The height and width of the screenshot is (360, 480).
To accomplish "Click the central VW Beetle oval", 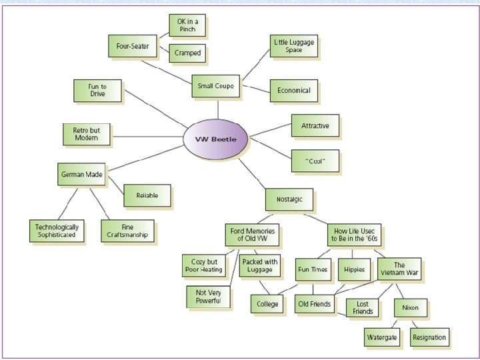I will pyautogui.click(x=216, y=139).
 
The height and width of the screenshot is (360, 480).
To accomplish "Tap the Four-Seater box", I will pyautogui.click(x=132, y=47).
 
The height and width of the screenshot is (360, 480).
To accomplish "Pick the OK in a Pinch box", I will pyautogui.click(x=186, y=26).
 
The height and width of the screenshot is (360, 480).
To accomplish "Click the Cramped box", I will pyautogui.click(x=187, y=53).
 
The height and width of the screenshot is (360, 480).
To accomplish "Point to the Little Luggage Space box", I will pyautogui.click(x=293, y=46).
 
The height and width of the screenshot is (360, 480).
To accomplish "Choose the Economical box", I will pyautogui.click(x=293, y=91).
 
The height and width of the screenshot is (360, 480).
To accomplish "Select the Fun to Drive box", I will pyautogui.click(x=97, y=91).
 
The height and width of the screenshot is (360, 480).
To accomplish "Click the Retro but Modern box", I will pyautogui.click(x=86, y=133).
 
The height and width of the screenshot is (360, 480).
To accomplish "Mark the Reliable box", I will pyautogui.click(x=147, y=196).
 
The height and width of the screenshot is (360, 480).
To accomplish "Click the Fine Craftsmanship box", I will pyautogui.click(x=128, y=231).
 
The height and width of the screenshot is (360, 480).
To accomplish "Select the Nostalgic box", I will pyautogui.click(x=289, y=199).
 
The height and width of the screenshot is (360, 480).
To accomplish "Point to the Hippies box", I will pyautogui.click(x=354, y=269).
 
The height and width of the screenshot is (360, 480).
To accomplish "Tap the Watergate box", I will pyautogui.click(x=382, y=337).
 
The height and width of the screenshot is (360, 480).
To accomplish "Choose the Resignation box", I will pyautogui.click(x=429, y=337).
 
